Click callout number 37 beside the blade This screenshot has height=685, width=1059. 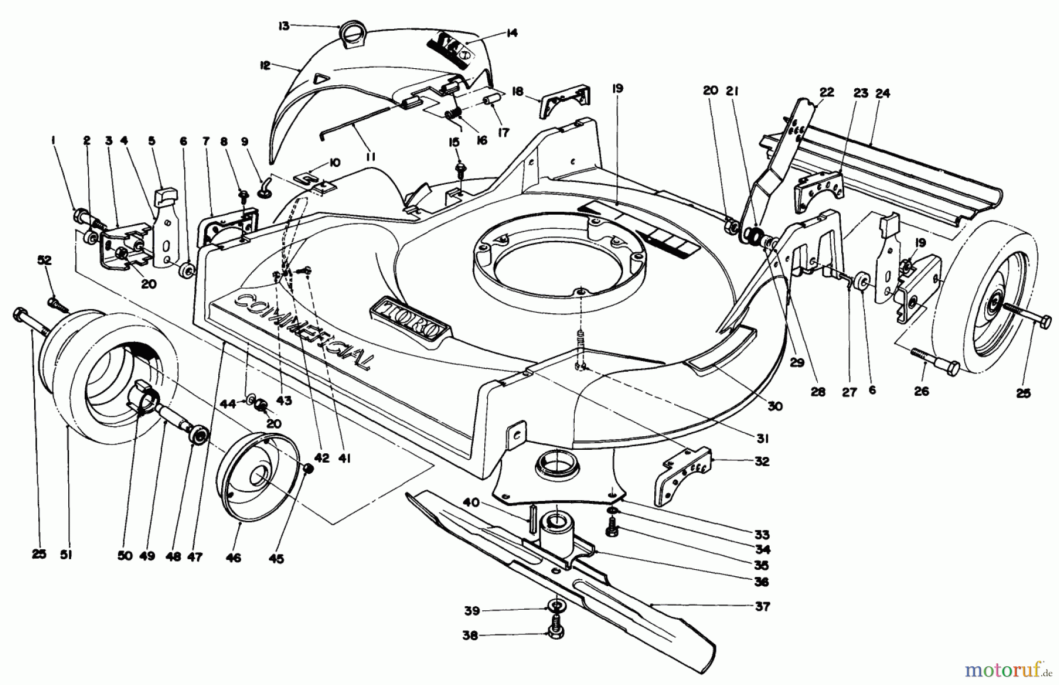[762, 606]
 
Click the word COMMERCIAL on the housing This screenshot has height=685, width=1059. [303, 330]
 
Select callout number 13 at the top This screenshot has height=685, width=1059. [284, 26]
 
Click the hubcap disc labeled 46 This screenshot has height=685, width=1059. [258, 476]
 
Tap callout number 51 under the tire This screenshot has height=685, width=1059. [65, 554]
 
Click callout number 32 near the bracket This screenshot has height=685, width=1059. [761, 462]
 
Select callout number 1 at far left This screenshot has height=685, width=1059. [53, 141]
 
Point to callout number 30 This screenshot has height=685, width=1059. [775, 406]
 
